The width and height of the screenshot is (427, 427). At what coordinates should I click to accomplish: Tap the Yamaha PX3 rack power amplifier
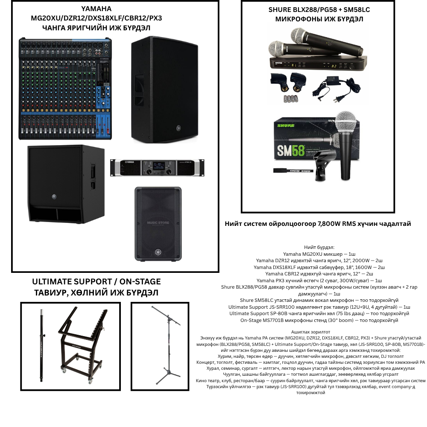point(157,168)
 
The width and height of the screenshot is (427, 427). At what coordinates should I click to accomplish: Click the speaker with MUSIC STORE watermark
point(158,224)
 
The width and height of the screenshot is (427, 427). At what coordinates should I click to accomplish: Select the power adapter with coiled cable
point(337,89)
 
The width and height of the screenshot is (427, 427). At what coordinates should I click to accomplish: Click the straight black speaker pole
point(42,345)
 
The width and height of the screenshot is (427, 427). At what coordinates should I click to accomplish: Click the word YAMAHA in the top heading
point(97,9)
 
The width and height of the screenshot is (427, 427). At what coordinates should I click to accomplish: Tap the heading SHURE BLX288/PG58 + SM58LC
point(319,10)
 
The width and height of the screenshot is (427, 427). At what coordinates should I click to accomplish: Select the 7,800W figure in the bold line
point(329,224)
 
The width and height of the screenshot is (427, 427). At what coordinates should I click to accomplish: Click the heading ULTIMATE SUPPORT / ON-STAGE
point(97,281)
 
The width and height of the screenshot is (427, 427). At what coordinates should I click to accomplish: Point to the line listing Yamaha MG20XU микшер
point(319,254)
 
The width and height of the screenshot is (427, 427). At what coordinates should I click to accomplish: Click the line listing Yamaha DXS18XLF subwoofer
point(319,267)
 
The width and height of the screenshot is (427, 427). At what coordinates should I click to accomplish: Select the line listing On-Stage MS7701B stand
point(319,321)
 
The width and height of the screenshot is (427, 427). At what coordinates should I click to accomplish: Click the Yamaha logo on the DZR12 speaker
point(179,128)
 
